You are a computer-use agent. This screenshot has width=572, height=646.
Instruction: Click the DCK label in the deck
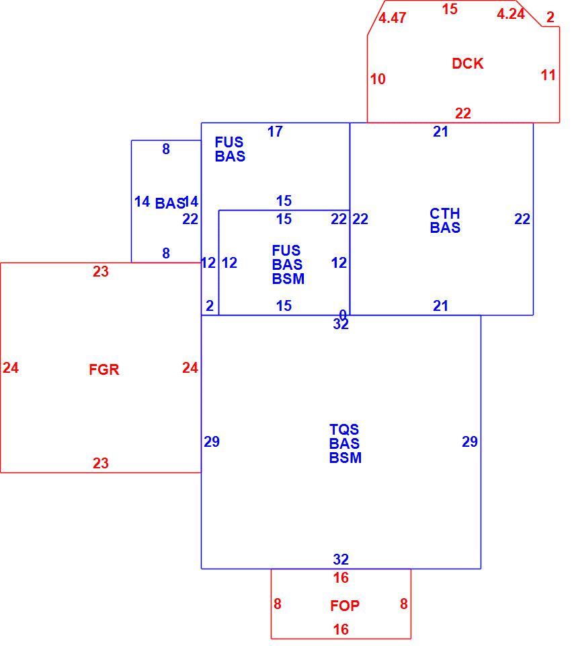[x=467, y=63]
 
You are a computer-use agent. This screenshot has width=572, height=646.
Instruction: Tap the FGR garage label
[x=104, y=369]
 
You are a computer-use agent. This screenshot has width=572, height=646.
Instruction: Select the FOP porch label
[x=345, y=606]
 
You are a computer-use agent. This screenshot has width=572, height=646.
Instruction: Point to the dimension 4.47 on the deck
[x=392, y=17]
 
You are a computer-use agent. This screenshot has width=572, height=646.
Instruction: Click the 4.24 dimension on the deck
[x=510, y=14]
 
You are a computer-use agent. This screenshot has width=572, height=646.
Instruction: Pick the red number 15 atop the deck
[x=450, y=9]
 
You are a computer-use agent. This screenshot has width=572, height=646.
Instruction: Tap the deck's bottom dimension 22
[x=463, y=113]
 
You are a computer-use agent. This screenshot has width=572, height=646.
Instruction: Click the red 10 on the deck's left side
[x=378, y=79]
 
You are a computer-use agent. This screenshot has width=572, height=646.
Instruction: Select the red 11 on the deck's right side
[x=548, y=75]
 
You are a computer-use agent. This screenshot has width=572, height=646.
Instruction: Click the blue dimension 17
[x=275, y=131]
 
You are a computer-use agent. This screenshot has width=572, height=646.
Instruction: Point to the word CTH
[x=445, y=213]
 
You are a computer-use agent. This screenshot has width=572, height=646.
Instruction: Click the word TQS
[x=344, y=429]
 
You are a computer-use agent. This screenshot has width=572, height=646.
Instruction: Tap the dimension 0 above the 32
[x=342, y=315]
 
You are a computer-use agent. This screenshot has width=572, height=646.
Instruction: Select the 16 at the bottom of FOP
[x=341, y=630]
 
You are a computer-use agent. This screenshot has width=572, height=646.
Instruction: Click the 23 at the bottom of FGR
[x=100, y=463]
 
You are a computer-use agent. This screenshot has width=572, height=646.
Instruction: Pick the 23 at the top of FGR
[x=100, y=271]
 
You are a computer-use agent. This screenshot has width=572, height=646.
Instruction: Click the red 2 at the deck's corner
[x=550, y=17]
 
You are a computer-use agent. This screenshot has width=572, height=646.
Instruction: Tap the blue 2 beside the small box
[x=210, y=306]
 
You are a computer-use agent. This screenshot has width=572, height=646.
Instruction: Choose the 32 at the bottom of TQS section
[x=341, y=559]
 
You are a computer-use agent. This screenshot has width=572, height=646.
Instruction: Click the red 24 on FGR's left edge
[x=11, y=367]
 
